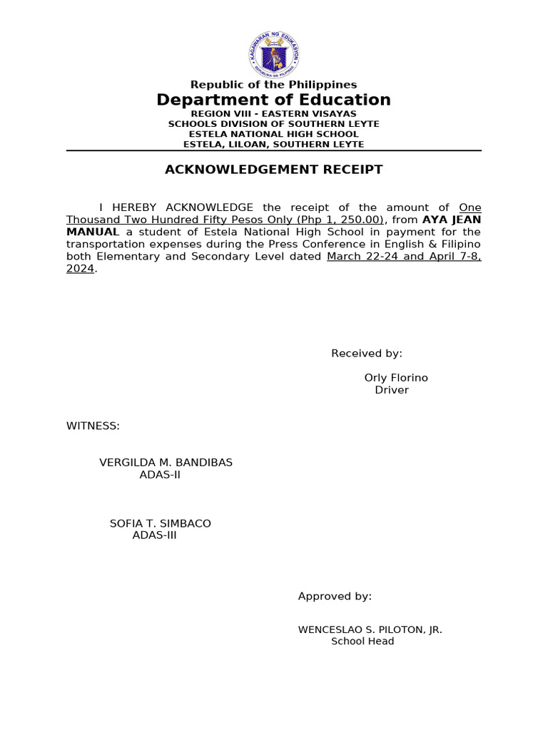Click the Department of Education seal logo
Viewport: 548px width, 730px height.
pyautogui.click(x=274, y=54)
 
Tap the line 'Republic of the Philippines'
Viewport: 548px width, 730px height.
pyautogui.click(x=274, y=85)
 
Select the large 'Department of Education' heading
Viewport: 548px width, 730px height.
pyautogui.click(x=274, y=100)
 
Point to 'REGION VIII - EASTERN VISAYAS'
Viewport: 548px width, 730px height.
pyautogui.click(x=274, y=113)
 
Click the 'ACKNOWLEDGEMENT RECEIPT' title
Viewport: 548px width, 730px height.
pyautogui.click(x=274, y=170)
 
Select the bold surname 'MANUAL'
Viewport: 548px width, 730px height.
pyautogui.click(x=93, y=232)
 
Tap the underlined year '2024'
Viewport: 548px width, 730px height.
pyautogui.click(x=80, y=269)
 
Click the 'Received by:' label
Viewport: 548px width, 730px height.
pyautogui.click(x=367, y=354)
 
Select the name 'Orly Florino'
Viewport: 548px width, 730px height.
pyautogui.click(x=396, y=378)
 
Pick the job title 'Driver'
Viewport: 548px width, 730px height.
pyautogui.click(x=392, y=390)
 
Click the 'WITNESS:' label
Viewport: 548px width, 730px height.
pyautogui.click(x=93, y=426)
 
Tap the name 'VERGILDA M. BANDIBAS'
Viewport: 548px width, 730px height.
pyautogui.click(x=166, y=463)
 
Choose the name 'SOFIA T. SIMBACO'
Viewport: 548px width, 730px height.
pyautogui.click(x=160, y=523)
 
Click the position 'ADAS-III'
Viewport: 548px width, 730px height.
pyautogui.click(x=154, y=535)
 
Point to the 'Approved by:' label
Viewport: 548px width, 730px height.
pyautogui.click(x=335, y=597)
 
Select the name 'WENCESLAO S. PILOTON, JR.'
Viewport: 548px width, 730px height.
pyautogui.click(x=370, y=629)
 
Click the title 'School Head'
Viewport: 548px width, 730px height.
pyautogui.click(x=362, y=642)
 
